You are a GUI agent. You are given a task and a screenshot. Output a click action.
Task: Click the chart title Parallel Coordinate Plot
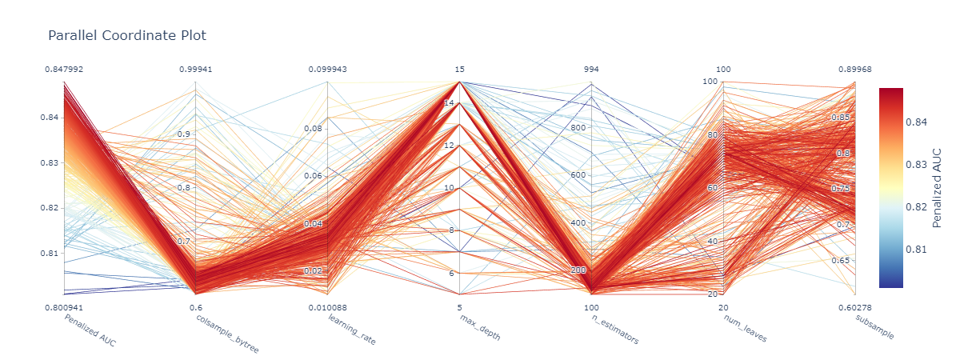coord(127,35)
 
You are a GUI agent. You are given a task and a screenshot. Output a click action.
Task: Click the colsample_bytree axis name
coord(228,334)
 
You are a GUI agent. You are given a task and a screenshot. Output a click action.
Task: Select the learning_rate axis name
coord(352,330)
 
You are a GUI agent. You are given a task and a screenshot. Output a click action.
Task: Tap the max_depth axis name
coord(480,327)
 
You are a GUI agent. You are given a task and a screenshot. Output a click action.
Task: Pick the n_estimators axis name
coord(614,329)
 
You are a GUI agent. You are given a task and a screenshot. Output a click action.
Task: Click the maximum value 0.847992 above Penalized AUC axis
coord(64,70)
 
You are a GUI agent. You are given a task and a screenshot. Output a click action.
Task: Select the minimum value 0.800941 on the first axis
coord(64,306)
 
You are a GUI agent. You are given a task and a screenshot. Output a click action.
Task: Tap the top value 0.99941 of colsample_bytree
coord(196,70)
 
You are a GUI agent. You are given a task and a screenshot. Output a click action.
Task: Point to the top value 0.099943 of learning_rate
coord(328,70)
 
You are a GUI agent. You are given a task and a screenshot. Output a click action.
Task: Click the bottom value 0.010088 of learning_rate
coord(328,306)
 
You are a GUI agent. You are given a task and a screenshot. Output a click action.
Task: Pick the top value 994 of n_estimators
coord(591,70)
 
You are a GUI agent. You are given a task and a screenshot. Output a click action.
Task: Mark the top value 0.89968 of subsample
coord(855,70)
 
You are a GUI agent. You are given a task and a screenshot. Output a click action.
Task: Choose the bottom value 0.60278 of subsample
coord(855,306)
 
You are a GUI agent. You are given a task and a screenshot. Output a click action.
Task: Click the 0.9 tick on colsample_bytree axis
coord(183,134)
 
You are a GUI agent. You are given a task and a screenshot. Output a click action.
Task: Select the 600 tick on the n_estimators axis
coord(577,175)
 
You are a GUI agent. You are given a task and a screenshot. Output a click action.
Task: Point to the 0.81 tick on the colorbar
coord(919,249)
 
